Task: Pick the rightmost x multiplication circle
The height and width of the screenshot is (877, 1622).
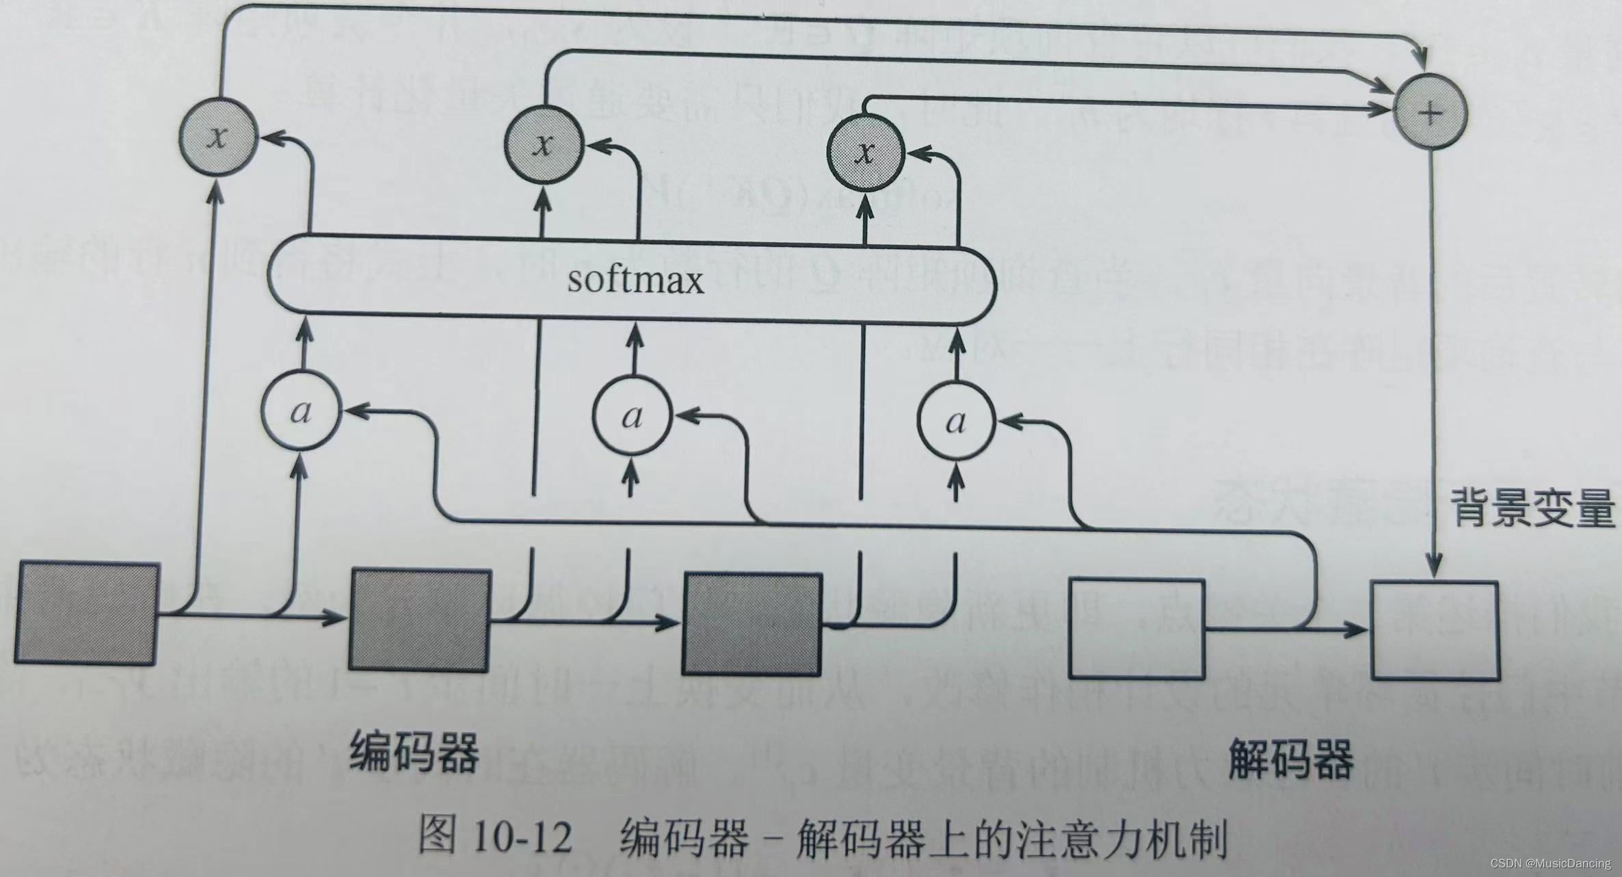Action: point(866,152)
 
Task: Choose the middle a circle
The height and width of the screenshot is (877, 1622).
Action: point(633,416)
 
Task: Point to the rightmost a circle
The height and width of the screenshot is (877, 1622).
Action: point(957,421)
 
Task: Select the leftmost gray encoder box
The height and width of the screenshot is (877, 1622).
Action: point(87,612)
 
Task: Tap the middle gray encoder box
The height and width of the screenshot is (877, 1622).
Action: point(420,619)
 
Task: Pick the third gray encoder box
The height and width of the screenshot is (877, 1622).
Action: point(753,624)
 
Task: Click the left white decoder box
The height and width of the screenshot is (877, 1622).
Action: point(1136,628)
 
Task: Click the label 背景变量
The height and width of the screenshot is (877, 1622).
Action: point(1532,509)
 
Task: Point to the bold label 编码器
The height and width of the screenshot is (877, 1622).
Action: point(414,750)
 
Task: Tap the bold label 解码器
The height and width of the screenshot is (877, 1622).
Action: point(1290,758)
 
